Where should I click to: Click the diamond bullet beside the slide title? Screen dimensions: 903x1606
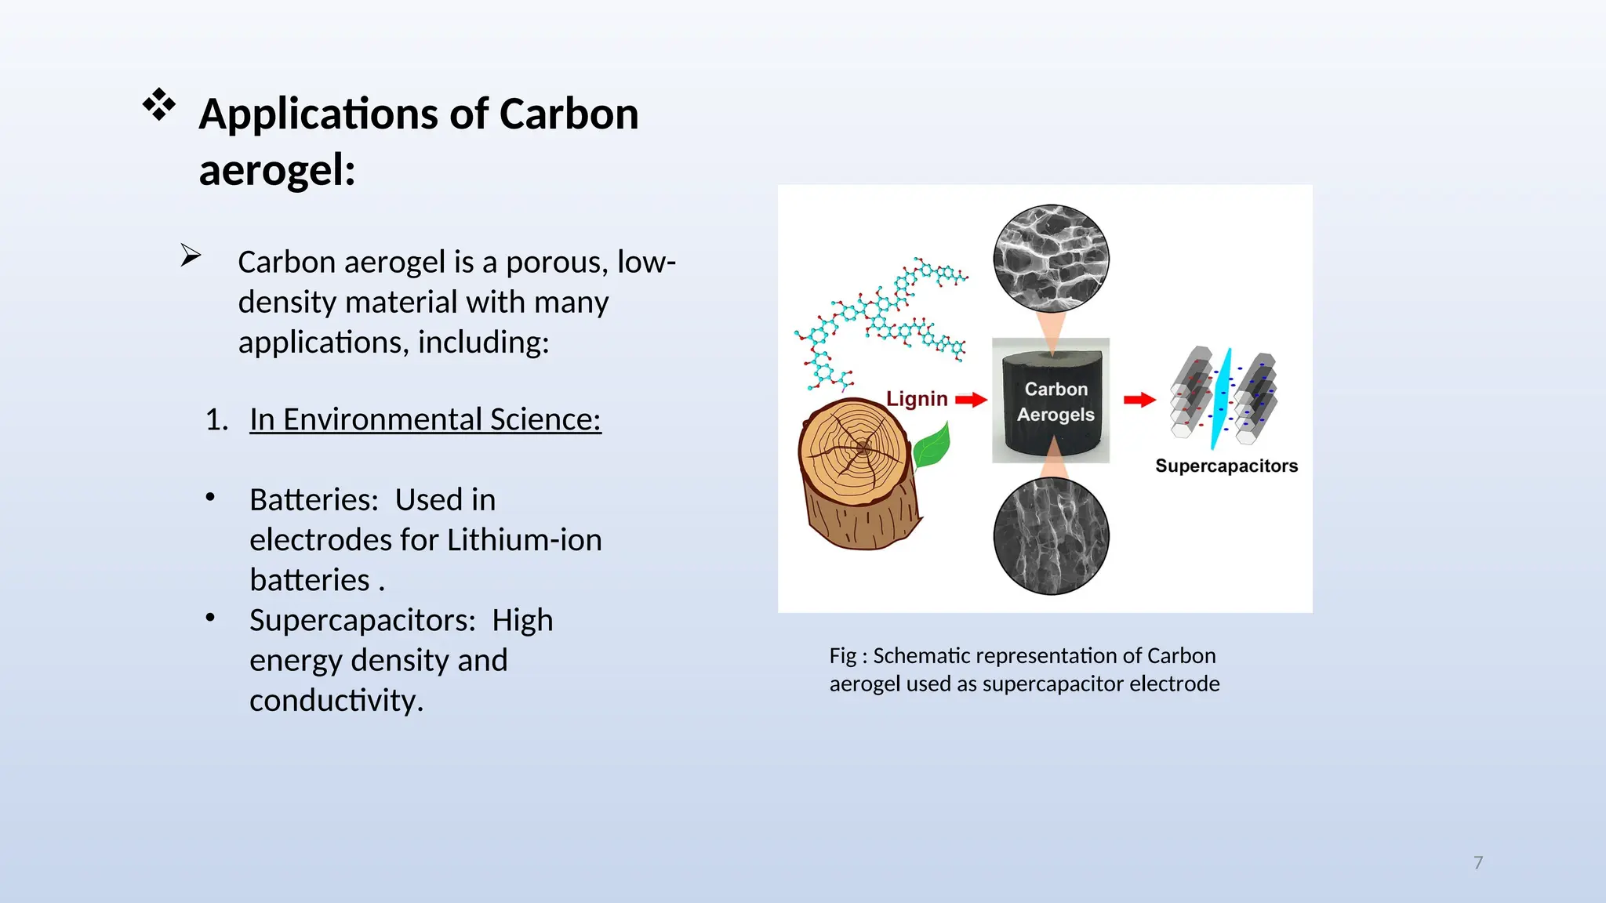click(159, 104)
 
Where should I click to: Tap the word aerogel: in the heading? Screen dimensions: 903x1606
click(277, 170)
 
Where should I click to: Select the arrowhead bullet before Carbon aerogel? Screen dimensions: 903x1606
click(191, 256)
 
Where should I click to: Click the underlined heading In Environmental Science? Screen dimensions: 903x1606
click(425, 419)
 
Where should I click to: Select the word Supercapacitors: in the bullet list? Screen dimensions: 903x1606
click(362, 621)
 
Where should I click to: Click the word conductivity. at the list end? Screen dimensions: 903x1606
click(336, 701)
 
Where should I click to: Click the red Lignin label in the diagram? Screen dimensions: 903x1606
click(917, 399)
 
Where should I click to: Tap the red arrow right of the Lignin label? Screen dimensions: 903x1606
click(971, 400)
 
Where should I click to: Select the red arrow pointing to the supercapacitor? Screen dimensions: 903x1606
click(1139, 400)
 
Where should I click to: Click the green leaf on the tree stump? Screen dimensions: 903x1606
click(932, 445)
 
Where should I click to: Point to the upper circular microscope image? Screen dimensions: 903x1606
click(1051, 259)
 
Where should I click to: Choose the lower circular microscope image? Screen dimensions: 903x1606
click(1051, 536)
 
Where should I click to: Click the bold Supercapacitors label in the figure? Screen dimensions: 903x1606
click(1226, 466)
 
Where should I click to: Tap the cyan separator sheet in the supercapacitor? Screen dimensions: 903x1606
click(1222, 398)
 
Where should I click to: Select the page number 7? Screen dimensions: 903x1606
click(1478, 863)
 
